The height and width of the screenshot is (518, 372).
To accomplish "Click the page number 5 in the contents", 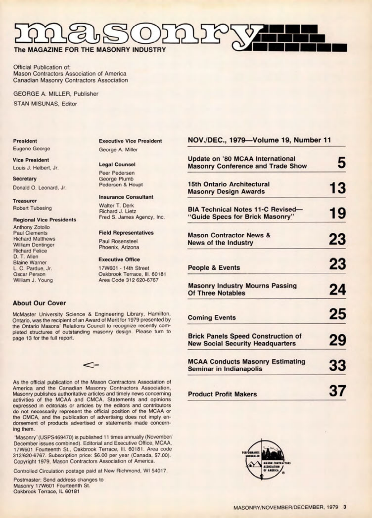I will [341, 163].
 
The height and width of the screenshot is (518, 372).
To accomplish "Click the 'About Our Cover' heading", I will [39, 303].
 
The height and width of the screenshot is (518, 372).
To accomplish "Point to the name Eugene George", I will [32, 148].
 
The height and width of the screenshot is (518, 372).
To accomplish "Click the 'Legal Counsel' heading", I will [117, 164].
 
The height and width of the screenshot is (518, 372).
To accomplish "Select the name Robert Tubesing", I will [32, 208].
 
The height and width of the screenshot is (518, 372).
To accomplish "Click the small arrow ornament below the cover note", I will [91, 365].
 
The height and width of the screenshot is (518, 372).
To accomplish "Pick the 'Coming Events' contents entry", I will [212, 318].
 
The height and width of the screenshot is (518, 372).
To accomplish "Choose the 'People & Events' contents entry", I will [214, 268].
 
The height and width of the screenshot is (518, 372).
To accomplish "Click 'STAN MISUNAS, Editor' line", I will [45, 104].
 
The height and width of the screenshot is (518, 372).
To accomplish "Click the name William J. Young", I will [33, 280].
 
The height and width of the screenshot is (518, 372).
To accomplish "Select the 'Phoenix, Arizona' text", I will [119, 247].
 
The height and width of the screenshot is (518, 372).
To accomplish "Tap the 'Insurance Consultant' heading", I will [126, 197].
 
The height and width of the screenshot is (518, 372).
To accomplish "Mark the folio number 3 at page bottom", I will [345, 506].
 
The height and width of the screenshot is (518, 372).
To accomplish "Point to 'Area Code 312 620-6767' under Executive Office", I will [129, 280].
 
